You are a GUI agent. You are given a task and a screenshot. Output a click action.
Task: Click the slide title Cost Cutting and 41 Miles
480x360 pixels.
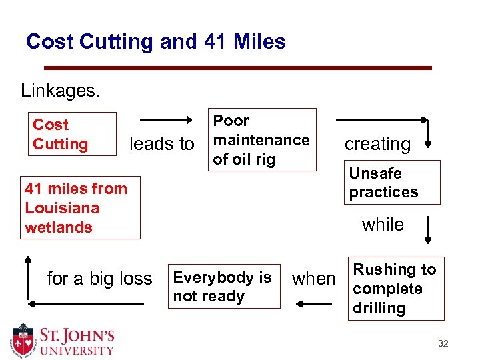coord(155,42)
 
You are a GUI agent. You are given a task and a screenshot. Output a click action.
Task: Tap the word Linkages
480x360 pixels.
coord(61,90)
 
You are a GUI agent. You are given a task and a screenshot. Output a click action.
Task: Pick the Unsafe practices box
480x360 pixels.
coord(393,182)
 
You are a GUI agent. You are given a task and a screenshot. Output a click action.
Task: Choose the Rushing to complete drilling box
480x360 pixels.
coord(395,289)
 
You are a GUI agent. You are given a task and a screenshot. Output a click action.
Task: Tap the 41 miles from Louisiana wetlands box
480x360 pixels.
coord(82,208)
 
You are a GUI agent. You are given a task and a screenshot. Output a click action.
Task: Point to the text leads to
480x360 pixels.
coord(162,144)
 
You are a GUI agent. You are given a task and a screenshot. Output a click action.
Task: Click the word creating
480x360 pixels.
coord(377,144)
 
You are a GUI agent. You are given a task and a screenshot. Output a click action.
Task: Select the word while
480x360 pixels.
coord(383,225)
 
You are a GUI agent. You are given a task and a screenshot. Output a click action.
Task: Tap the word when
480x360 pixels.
coord(314,279)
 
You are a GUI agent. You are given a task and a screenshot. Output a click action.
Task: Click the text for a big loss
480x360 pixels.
coord(99,278)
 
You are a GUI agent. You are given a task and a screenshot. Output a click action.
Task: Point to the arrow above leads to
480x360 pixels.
coord(166,120)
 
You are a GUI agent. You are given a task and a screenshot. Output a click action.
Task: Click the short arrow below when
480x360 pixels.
coord(314,304)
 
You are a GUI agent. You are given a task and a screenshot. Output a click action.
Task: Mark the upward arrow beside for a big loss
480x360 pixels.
coord(27,278)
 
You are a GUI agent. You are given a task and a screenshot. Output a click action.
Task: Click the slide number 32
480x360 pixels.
coord(443,344)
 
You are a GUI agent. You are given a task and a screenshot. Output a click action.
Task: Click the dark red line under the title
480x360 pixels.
coord(237,68)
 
